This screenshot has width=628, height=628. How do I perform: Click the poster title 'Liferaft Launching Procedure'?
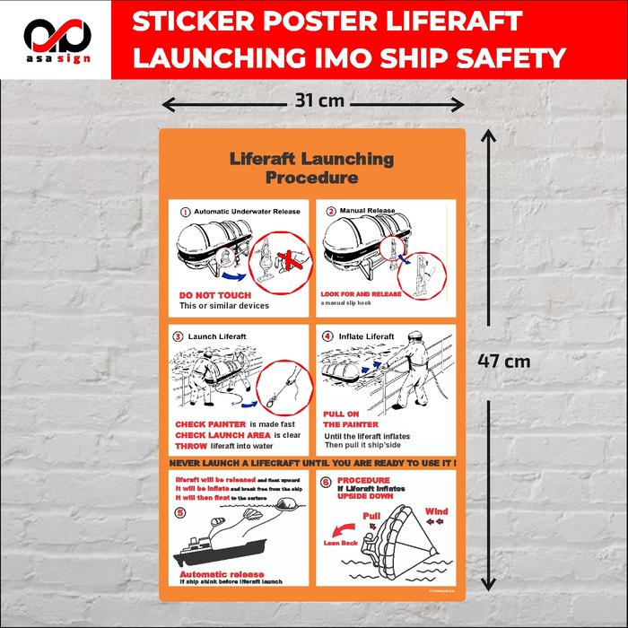click(311, 168)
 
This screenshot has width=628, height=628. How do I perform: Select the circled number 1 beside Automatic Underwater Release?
click(185, 213)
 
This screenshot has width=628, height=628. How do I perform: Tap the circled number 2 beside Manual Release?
click(331, 212)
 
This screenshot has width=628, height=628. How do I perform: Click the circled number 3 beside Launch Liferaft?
click(178, 336)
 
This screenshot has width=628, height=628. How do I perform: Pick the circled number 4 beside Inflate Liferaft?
click(327, 336)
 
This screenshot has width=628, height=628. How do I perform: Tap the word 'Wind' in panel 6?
click(436, 511)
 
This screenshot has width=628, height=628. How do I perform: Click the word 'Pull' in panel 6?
click(373, 516)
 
